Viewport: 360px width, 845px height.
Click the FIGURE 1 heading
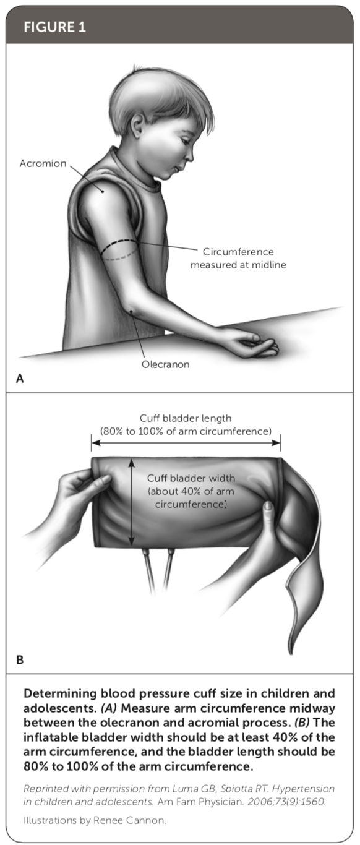(54, 27)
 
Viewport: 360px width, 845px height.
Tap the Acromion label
(43, 163)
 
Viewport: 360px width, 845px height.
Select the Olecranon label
(165, 364)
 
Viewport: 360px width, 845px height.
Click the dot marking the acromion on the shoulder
(102, 191)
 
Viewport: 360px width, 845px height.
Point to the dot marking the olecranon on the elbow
(131, 311)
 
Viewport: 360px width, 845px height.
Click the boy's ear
(137, 126)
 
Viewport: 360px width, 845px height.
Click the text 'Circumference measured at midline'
(238, 258)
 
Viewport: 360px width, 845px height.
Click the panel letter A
(20, 379)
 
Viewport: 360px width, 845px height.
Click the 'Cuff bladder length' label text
(186, 418)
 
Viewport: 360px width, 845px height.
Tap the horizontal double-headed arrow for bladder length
(186, 442)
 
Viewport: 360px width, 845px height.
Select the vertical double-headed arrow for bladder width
(131, 502)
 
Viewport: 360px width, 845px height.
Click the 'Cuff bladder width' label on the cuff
(191, 478)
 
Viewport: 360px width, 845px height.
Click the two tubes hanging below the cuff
(158, 570)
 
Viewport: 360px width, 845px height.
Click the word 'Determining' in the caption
(61, 693)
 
